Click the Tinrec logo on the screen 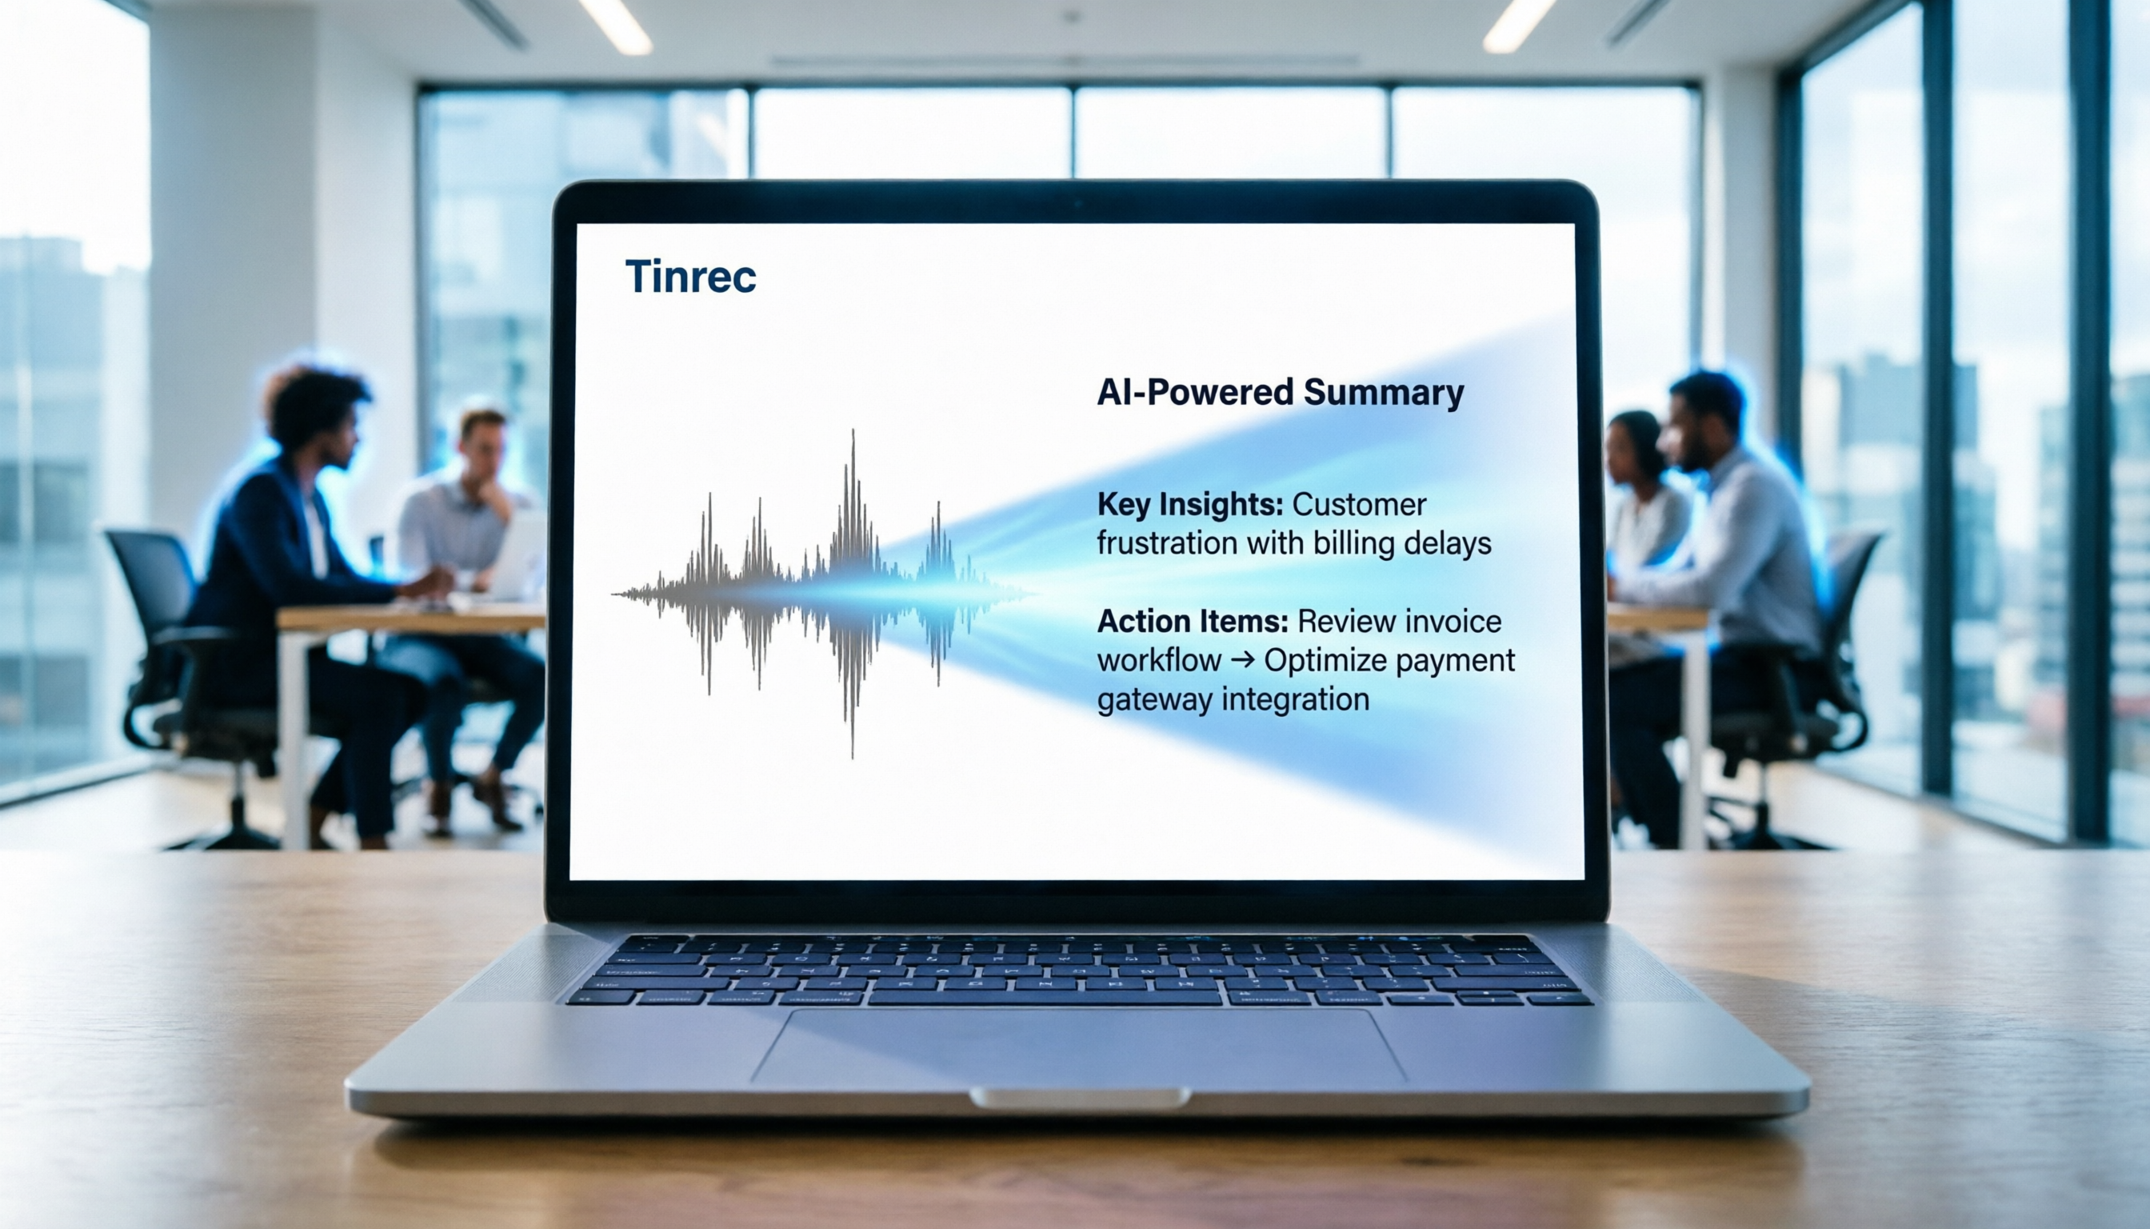[x=690, y=277]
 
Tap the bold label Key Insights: [x=1189, y=506]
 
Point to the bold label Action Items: [x=1193, y=622]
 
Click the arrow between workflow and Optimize [x=1242, y=660]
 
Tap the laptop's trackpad [x=1079, y=1045]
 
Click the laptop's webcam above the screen [x=1079, y=203]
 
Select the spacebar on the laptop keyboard [x=1045, y=998]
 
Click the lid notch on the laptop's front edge [x=1079, y=1098]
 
